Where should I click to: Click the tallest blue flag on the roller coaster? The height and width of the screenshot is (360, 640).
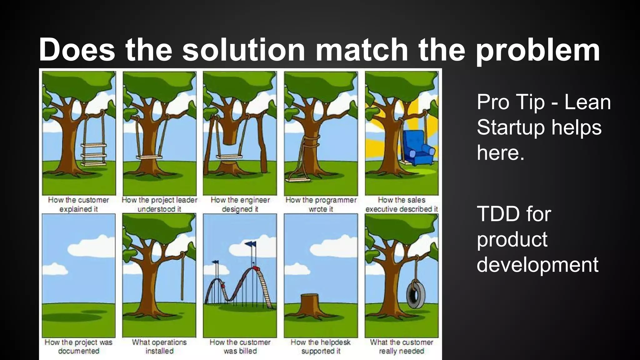point(250,244)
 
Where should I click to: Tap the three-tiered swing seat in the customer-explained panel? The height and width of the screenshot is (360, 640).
point(94,154)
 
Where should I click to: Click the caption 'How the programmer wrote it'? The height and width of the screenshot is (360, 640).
point(321,204)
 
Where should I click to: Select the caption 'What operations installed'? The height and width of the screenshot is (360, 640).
point(159,346)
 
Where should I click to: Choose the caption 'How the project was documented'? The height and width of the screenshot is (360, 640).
point(78,346)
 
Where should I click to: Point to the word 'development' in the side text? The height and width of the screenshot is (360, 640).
point(537,264)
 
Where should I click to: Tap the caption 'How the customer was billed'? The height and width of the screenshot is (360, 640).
point(240,346)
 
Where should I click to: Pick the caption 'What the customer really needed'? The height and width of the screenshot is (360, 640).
point(402,346)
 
